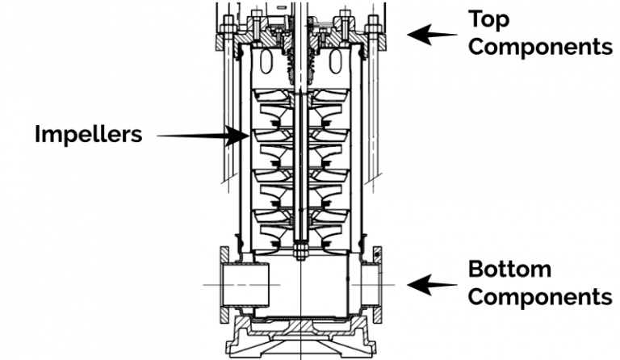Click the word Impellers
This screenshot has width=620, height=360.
pyautogui.click(x=88, y=134)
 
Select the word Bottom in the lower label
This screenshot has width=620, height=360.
pyautogui.click(x=509, y=268)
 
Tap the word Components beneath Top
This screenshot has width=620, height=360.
pyautogui.click(x=539, y=46)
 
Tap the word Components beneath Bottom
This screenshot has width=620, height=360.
pyautogui.click(x=539, y=296)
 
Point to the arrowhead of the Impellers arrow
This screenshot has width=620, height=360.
pyautogui.click(x=241, y=136)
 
